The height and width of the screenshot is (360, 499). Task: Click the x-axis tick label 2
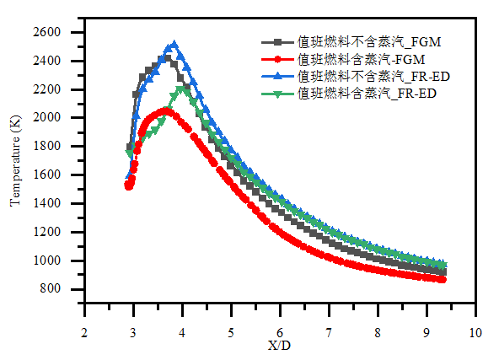(x=84, y=332)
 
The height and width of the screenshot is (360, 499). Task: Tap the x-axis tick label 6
(x=280, y=332)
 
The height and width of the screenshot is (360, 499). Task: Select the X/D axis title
(x=280, y=346)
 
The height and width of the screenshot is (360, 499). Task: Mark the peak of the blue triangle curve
(x=174, y=44)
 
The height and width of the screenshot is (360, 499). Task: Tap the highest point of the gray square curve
(x=166, y=58)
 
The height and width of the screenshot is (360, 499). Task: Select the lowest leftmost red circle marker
(x=129, y=185)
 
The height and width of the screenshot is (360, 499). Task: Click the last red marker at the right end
(x=443, y=279)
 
